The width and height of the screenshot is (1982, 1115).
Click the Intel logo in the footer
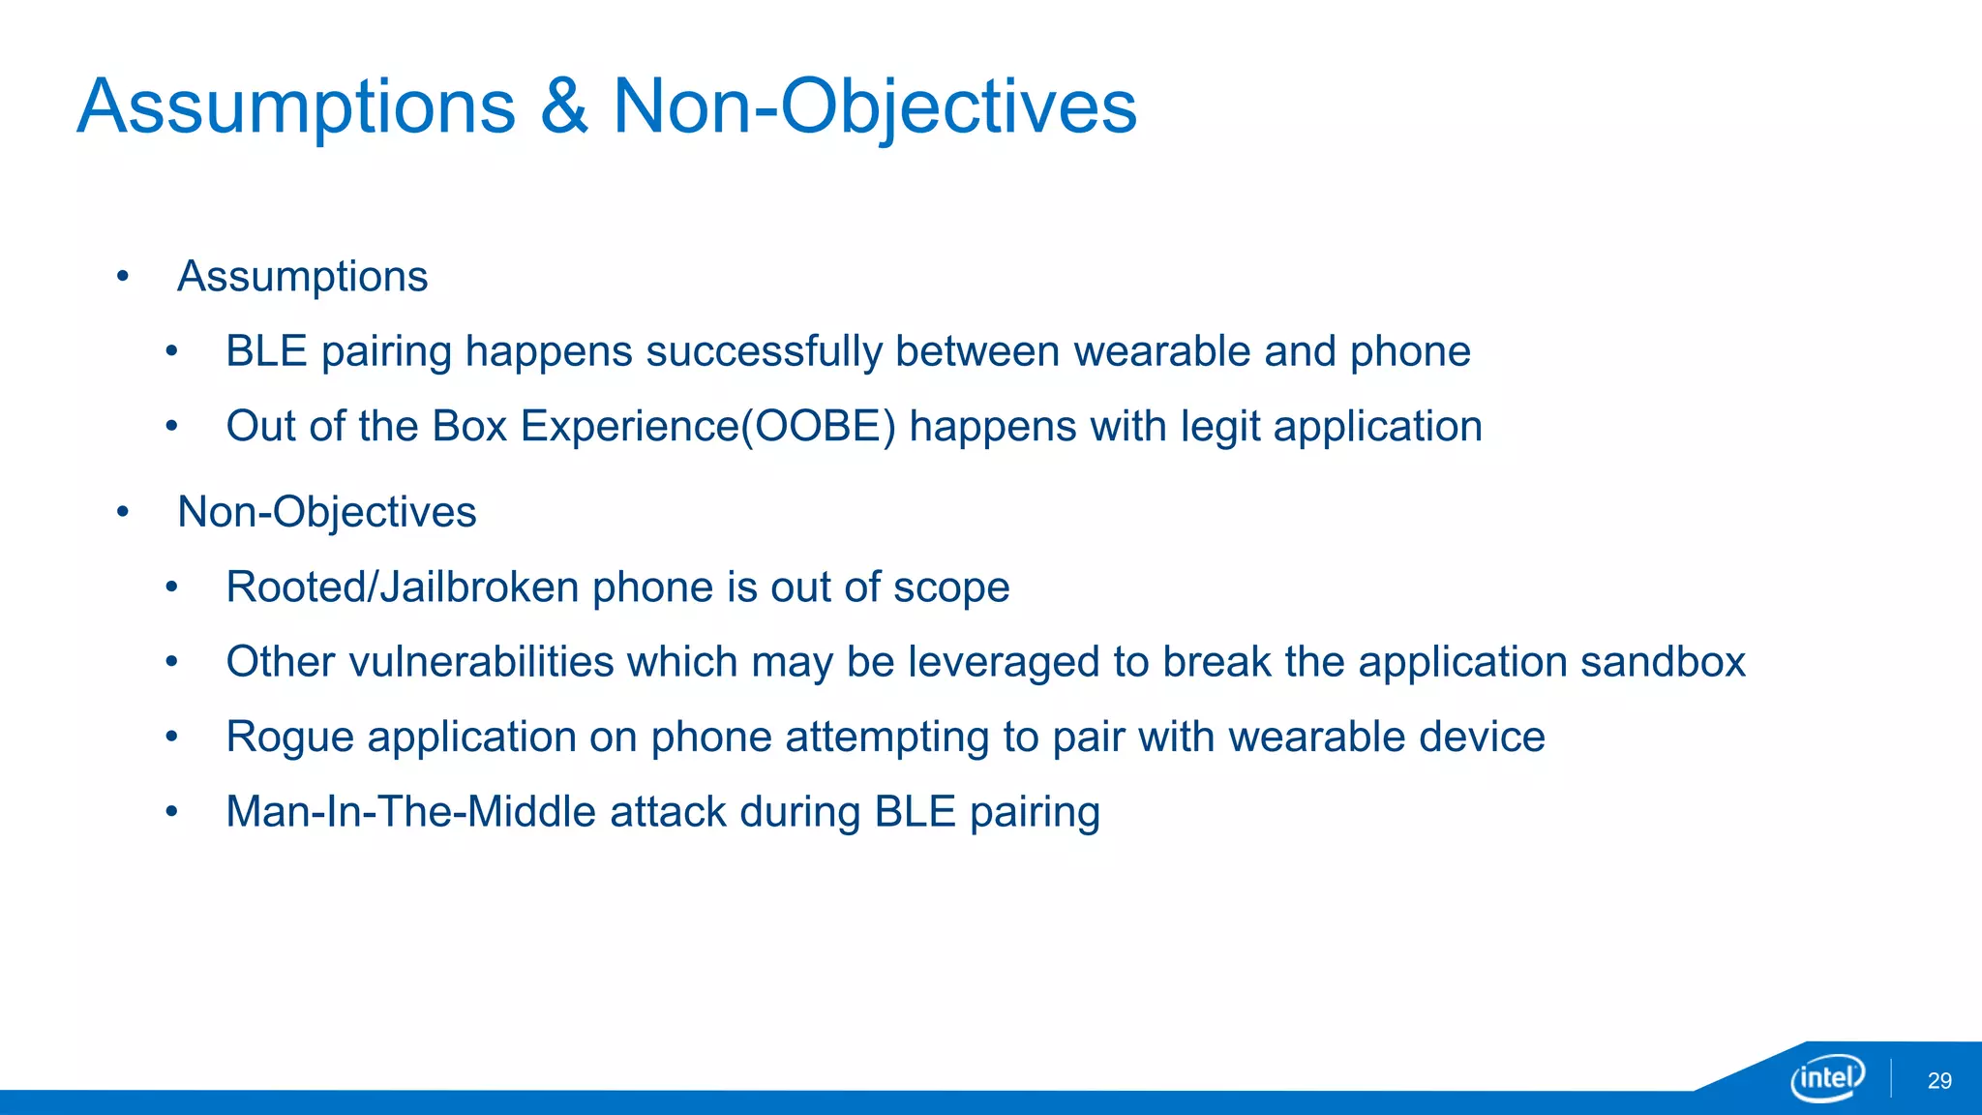[1827, 1077]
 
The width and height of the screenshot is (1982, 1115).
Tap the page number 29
[1939, 1081]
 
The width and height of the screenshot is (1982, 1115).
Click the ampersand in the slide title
[564, 106]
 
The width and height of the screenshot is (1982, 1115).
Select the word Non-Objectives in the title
[875, 106]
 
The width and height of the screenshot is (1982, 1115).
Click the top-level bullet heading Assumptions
[302, 277]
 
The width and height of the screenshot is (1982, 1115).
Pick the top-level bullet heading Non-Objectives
[327, 512]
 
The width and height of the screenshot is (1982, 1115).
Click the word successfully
[764, 351]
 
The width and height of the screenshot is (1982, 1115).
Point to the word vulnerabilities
[481, 662]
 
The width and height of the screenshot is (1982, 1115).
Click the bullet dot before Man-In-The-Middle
[172, 812]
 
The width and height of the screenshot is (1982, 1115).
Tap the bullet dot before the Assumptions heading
[123, 278]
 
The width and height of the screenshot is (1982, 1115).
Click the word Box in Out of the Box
[469, 427]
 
